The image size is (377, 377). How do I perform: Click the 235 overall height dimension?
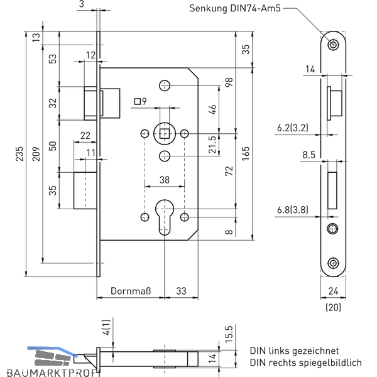(19, 154)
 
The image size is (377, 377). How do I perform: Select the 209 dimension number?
(36, 154)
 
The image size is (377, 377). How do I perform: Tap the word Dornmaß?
(131, 291)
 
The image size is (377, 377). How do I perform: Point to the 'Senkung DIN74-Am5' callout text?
(234, 8)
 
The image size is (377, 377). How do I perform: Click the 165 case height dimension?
(246, 154)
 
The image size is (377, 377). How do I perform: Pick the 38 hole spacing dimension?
(165, 180)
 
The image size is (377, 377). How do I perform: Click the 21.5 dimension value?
(212, 145)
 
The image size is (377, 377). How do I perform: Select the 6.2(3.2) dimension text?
(292, 128)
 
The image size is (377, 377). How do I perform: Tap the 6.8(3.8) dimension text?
(292, 210)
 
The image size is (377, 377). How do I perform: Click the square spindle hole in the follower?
(165, 133)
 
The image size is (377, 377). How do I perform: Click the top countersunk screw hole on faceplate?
(333, 45)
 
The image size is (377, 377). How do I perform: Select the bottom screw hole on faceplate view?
(333, 263)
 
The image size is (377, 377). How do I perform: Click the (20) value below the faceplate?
(333, 307)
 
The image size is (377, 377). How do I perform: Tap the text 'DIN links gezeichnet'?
(294, 351)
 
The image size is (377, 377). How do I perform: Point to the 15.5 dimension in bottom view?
(229, 334)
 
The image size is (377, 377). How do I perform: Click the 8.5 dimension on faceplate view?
(309, 155)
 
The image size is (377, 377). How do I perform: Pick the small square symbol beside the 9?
(137, 101)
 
